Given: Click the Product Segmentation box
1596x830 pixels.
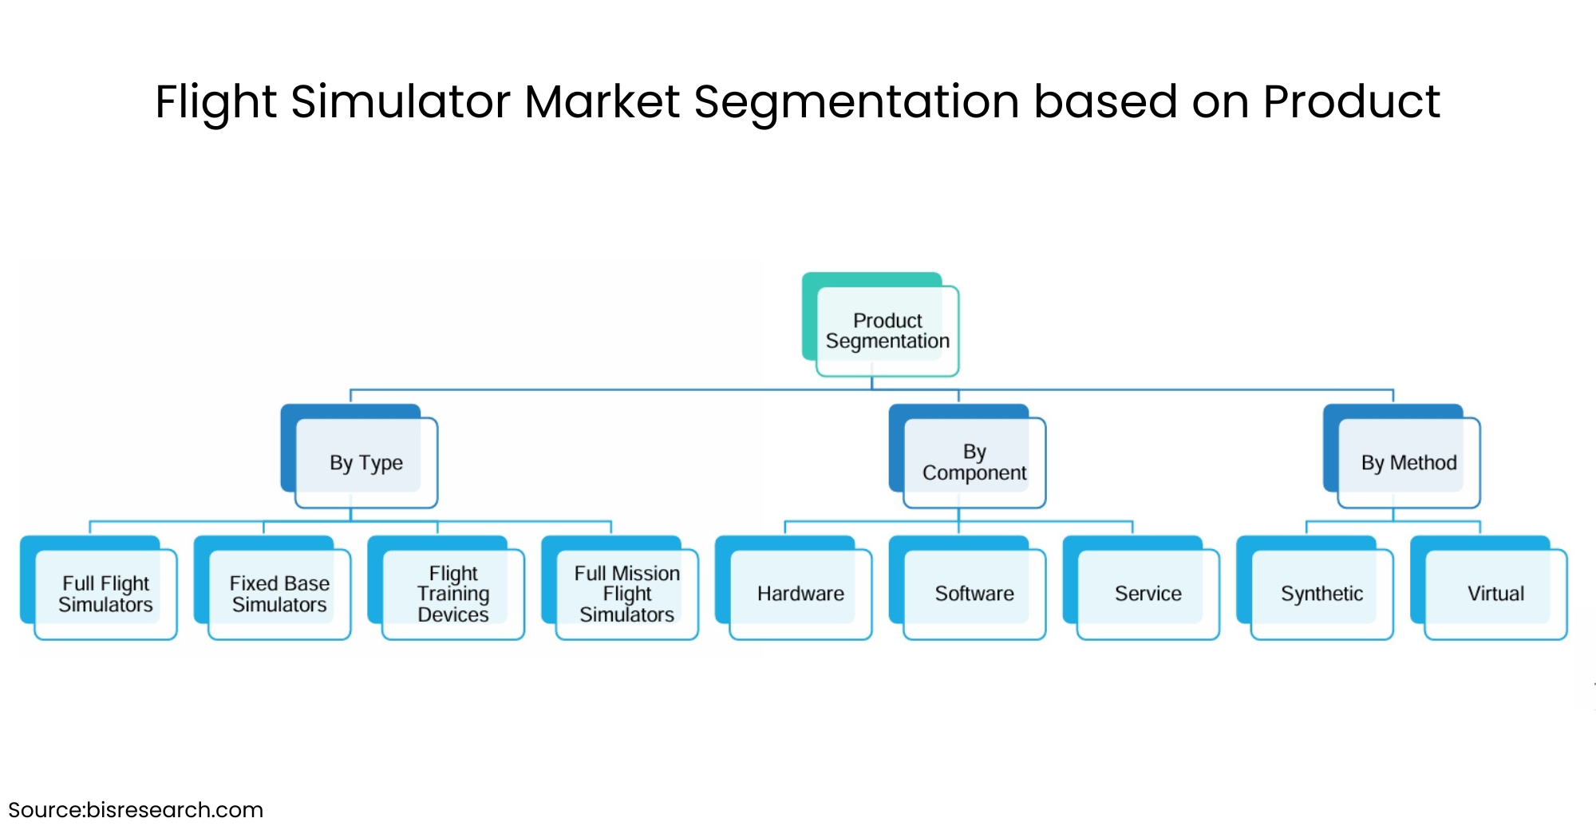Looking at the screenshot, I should coord(887,330).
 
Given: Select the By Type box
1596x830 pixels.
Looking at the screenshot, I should coord(366,462).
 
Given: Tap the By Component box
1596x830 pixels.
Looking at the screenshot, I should coord(974,462).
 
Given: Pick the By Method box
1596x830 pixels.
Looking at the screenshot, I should coord(1408,462).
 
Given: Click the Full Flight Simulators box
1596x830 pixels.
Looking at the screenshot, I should coord(105,594).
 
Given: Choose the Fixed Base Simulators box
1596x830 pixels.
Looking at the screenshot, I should coord(279,594).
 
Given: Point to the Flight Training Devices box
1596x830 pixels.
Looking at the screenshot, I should coord(453,594).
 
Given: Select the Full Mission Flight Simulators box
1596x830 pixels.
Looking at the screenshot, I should coord(626,594).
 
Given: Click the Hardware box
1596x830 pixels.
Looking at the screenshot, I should coord(800,594).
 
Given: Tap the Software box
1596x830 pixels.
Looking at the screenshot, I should coord(974,594).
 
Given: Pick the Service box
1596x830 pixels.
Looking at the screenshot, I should coord(1148,594).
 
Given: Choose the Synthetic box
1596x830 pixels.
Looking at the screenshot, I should coord(1321,594).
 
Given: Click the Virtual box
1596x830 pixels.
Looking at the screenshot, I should coord(1495,594).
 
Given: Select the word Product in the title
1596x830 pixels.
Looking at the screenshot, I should coord(1351,102).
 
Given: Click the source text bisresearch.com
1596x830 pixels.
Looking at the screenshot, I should coord(174,810).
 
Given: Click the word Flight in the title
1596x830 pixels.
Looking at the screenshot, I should coord(216,102).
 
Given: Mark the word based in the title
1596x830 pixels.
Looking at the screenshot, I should coord(1105,102).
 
